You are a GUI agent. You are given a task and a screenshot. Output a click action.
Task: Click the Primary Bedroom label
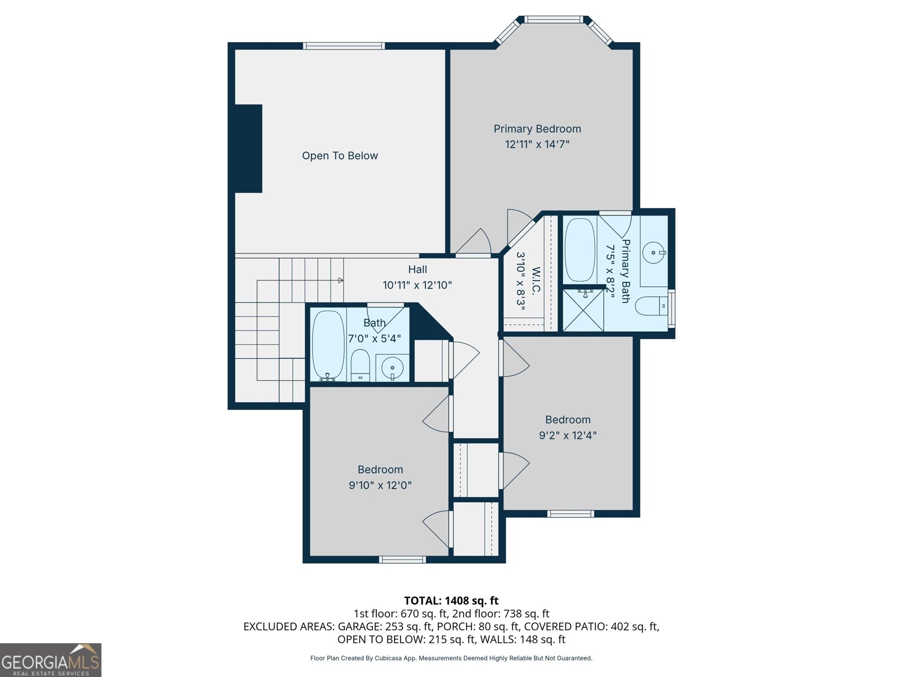(x=537, y=129)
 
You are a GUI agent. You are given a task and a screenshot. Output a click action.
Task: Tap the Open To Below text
(x=339, y=156)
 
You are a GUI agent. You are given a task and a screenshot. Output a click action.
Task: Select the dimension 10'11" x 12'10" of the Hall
(x=417, y=285)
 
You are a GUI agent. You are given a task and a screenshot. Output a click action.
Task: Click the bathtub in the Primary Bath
(x=580, y=249)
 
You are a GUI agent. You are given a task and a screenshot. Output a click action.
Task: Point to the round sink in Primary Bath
(x=654, y=253)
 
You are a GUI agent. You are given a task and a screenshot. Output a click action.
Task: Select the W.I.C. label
(x=536, y=280)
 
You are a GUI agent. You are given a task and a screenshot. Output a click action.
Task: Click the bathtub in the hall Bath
(x=328, y=344)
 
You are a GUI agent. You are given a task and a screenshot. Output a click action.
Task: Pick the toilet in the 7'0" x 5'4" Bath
(x=360, y=365)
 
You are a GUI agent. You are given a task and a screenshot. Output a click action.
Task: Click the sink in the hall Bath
(x=392, y=368)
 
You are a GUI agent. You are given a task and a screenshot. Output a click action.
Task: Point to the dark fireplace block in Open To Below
(x=248, y=149)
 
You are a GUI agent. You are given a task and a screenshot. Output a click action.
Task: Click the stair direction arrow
(x=340, y=280)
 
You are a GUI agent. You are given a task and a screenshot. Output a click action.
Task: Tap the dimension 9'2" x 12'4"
(x=568, y=436)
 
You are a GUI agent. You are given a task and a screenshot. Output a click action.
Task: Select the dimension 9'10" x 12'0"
(x=380, y=485)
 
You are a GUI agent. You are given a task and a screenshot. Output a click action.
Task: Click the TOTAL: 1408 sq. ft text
(x=451, y=601)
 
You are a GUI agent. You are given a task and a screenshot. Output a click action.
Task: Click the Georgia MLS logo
(x=50, y=660)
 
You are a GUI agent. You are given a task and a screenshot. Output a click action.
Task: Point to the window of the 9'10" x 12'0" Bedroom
(x=402, y=560)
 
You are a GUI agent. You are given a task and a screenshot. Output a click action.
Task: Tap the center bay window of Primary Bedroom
(x=553, y=20)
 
